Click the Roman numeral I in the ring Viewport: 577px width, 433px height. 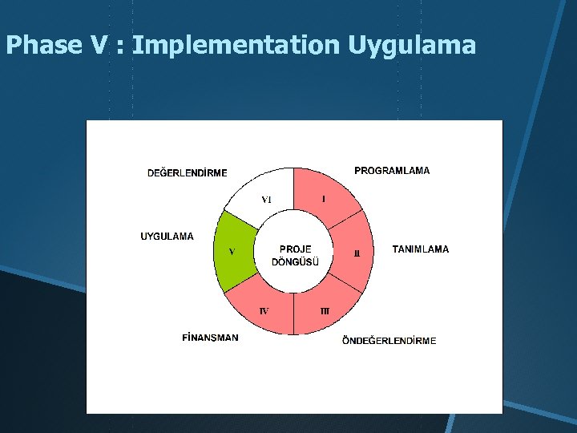tap(323, 198)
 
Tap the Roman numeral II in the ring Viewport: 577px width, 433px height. tap(357, 253)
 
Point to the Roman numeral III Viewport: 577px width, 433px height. tap(325, 310)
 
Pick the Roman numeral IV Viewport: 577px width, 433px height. tap(264, 310)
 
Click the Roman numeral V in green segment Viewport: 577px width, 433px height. tap(232, 251)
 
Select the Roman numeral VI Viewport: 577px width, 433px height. tap(267, 199)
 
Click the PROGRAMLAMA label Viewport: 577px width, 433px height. tap(392, 171)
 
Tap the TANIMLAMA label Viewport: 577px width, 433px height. tap(421, 249)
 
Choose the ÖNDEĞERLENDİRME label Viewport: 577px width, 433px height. tap(389, 341)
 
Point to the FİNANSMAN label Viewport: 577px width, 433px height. tap(210, 338)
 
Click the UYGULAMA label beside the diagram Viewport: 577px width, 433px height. tap(167, 237)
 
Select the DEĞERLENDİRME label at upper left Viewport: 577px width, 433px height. tap(188, 173)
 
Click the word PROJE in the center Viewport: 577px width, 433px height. tap(295, 249)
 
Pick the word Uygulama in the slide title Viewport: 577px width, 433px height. tap(412, 46)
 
